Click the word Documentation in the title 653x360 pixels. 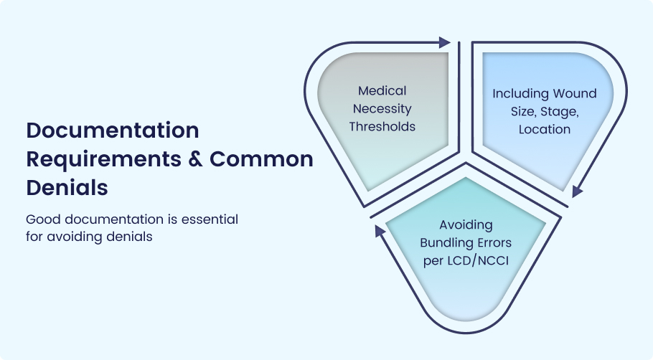tap(113, 131)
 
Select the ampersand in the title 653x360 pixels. tap(195, 159)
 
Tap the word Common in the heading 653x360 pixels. tap(261, 159)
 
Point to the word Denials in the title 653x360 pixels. tap(67, 188)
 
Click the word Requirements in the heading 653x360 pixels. tap(104, 160)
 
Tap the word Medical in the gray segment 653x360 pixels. tap(382, 91)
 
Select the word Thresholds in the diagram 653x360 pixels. tap(382, 126)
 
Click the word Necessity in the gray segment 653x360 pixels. tap(382, 109)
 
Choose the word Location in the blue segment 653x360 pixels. tap(545, 129)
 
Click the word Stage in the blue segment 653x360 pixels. tap(559, 112)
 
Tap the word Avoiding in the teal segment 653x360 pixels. tap(466, 225)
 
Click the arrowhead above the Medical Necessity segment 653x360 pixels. tap(444, 42)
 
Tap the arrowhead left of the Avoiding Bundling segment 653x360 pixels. tap(380, 231)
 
